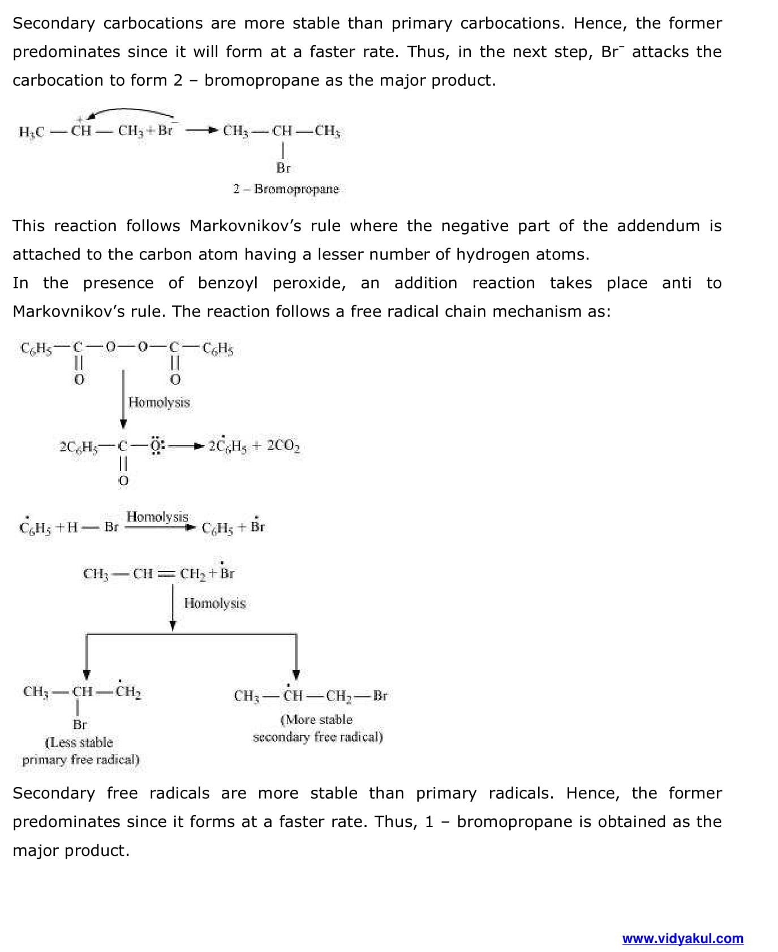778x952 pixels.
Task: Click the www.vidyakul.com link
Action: point(682,938)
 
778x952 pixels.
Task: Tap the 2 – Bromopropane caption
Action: point(286,189)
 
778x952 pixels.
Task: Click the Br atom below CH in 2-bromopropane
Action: point(283,168)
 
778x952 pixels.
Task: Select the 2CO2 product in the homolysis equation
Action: point(283,446)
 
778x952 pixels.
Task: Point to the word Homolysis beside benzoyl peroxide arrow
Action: point(159,403)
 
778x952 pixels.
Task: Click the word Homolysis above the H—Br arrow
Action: point(157,517)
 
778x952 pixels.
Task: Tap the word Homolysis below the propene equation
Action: point(214,603)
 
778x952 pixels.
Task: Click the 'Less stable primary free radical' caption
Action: point(80,751)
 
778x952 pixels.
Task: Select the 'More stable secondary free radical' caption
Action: point(317,728)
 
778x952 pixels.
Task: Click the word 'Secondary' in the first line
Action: point(54,23)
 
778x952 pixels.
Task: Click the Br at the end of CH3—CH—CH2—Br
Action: point(380,696)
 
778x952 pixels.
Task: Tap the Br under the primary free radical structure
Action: point(80,724)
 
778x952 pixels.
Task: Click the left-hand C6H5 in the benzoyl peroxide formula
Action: point(36,349)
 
